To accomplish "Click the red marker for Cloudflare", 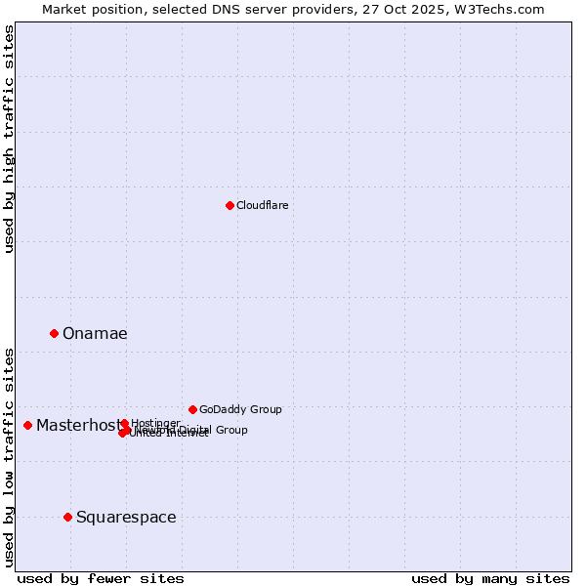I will tap(230, 205).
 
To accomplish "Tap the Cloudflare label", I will tap(262, 205).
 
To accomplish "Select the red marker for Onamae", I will tap(54, 333).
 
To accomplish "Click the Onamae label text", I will tap(95, 334).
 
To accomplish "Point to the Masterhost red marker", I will tap(27, 425).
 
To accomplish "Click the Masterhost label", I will tap(76, 426).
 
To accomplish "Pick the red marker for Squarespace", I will tap(67, 517).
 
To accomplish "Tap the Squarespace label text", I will tap(126, 518).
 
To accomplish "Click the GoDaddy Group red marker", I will tap(192, 409).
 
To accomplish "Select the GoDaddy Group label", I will tap(240, 410).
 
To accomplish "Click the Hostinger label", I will tap(155, 423).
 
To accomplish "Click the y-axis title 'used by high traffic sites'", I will tap(10, 139).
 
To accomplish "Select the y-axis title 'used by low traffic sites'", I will tap(10, 456).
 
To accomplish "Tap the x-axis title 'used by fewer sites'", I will tap(101, 578).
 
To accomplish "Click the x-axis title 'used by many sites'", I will tap(490, 578).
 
